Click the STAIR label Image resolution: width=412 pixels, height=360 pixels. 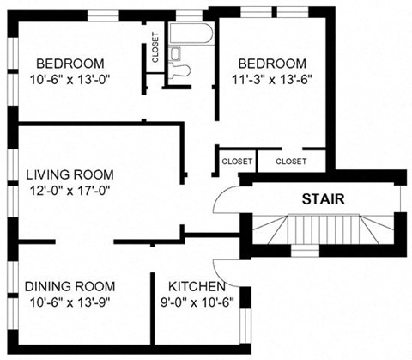pos(324,199)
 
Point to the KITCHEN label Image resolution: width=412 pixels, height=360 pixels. pos(197,286)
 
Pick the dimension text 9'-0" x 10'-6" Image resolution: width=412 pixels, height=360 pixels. pos(197,302)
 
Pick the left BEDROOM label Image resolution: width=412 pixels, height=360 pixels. pos(70,64)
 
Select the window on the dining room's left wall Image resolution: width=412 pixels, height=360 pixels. pos(11,292)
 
